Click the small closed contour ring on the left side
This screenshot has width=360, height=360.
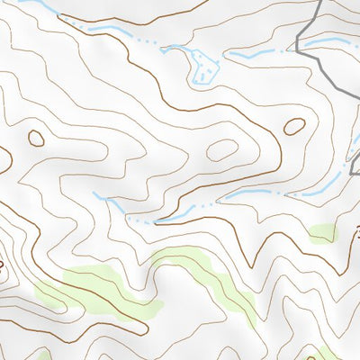tap(36, 138)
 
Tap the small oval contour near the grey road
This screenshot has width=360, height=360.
tap(293, 127)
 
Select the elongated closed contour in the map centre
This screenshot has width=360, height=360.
tap(222, 150)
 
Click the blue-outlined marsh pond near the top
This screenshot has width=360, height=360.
tap(203, 66)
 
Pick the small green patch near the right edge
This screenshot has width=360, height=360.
tap(323, 234)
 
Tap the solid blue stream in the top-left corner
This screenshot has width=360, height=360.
tap(40, 9)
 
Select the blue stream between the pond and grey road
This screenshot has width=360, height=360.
tap(256, 54)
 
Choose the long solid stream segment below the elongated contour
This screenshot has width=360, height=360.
tap(247, 193)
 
